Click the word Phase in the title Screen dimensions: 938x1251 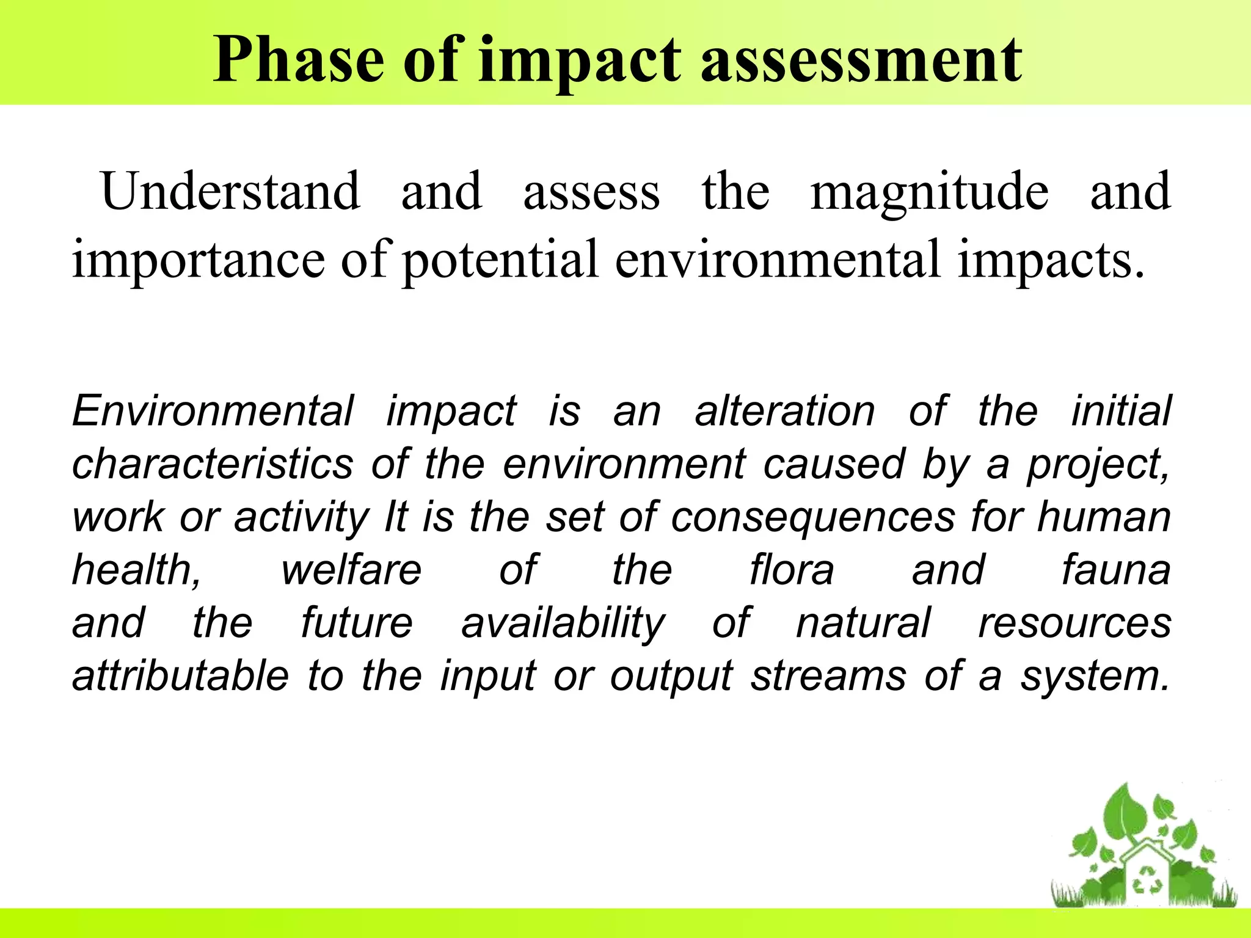(299, 60)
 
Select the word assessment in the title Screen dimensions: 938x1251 (861, 60)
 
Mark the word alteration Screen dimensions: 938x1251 (785, 411)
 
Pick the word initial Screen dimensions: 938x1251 (1122, 411)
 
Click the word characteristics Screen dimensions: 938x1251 (213, 464)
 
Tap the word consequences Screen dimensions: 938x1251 (813, 517)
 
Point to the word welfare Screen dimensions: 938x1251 (351, 570)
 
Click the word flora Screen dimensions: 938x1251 (792, 570)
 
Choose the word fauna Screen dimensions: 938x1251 (1116, 570)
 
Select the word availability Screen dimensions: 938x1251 (563, 624)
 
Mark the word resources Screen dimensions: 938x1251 (1074, 623)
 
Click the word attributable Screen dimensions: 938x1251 (180, 676)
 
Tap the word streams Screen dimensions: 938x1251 (828, 676)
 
